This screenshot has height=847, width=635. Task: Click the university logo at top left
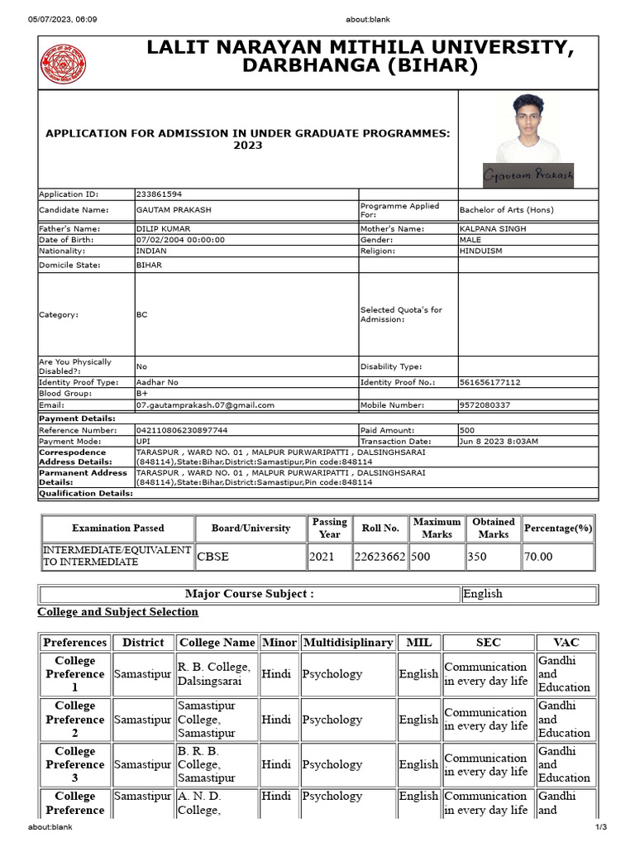tap(64, 64)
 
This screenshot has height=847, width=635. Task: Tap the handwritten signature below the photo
tap(528, 175)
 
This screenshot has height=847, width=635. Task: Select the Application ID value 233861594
tap(160, 194)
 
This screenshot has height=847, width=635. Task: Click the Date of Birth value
tap(180, 240)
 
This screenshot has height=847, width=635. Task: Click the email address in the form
tap(205, 405)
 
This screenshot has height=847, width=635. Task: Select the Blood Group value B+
tap(142, 394)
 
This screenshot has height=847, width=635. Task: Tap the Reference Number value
tap(182, 430)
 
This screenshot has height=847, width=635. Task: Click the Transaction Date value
tap(499, 442)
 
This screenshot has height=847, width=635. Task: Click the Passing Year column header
tap(329, 528)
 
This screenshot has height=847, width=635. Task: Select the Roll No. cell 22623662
tap(380, 557)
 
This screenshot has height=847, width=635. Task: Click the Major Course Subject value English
tap(483, 594)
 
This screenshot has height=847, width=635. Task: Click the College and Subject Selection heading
tap(117, 612)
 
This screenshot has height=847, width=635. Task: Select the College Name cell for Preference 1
tap(213, 673)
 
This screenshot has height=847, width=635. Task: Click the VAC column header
tap(566, 642)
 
